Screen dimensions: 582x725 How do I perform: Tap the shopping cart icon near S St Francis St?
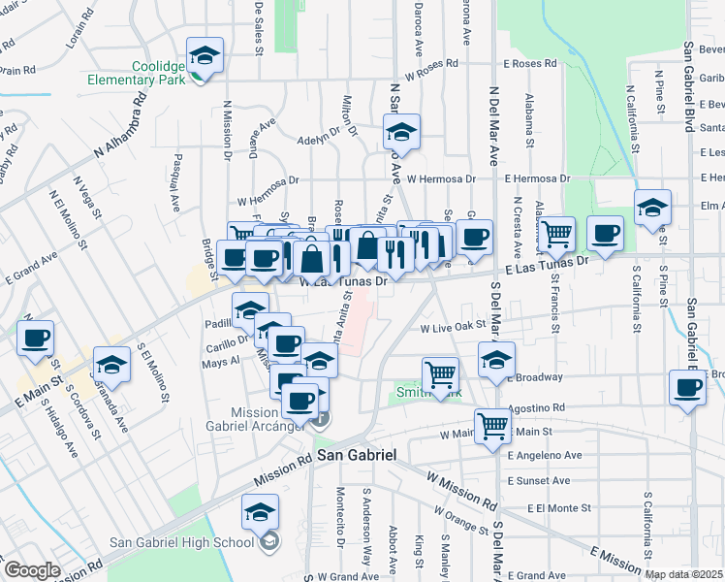coord(556,234)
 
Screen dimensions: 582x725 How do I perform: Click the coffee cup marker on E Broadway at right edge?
coord(687,388)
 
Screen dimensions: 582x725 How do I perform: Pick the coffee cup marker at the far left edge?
coord(35,339)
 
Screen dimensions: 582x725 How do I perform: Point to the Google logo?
coord(32,570)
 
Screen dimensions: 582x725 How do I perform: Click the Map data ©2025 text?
coord(683,574)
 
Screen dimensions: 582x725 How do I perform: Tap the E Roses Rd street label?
coord(523,64)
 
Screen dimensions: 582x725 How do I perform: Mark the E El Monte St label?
coord(559,507)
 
